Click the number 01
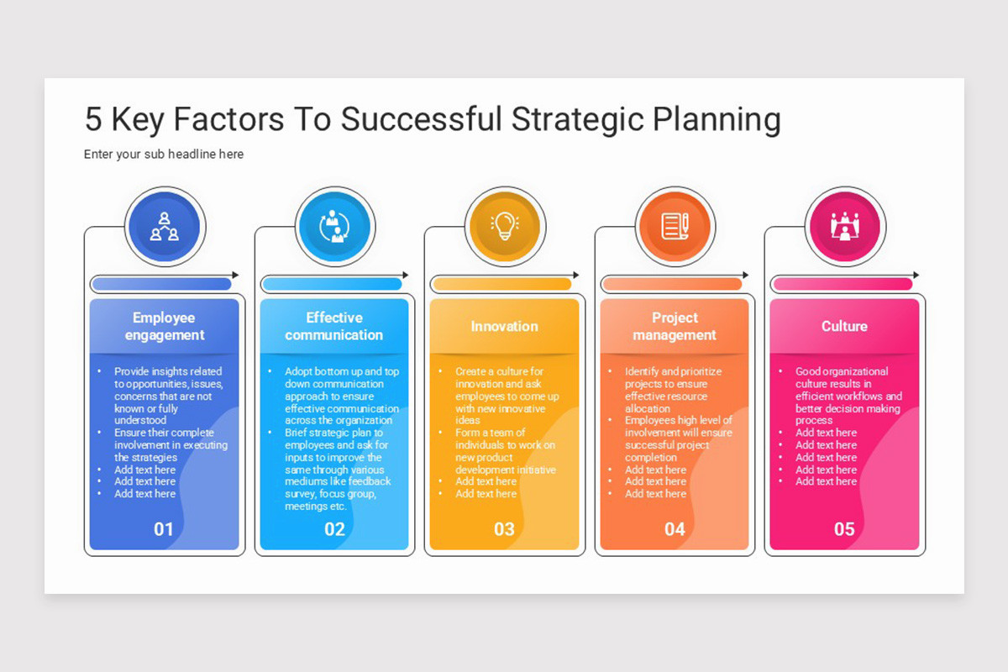point(164,529)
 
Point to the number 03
point(504,529)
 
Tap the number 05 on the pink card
point(844,529)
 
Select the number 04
point(675,529)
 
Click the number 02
point(334,529)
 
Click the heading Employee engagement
point(165,326)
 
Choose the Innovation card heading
point(504,326)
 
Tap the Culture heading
point(844,326)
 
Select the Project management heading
point(675,326)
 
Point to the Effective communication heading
point(334,326)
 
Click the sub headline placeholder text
point(164,155)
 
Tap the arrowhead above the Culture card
point(916,276)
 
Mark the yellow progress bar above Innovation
point(501,284)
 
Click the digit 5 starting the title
point(93,120)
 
